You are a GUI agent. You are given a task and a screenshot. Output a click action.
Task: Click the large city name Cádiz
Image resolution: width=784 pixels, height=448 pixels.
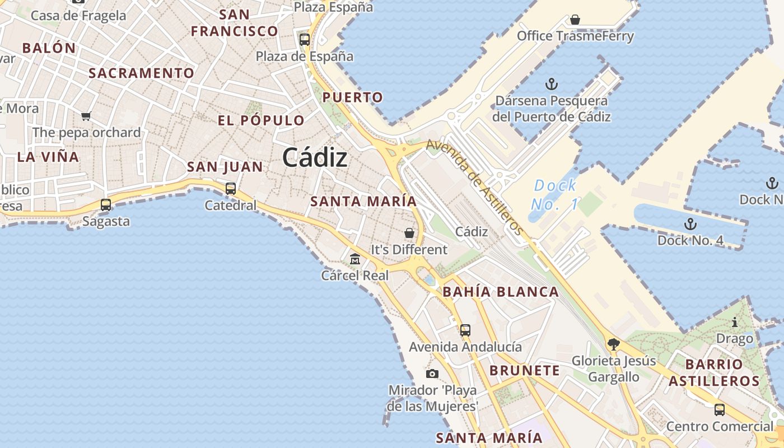pos(315,157)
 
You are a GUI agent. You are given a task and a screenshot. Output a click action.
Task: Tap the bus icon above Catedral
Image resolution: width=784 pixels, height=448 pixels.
pos(230,189)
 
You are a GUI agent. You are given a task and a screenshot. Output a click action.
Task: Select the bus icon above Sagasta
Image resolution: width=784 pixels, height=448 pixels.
pos(106,205)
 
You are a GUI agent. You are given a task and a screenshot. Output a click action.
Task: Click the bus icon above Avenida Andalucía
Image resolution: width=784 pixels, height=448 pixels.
pos(465,330)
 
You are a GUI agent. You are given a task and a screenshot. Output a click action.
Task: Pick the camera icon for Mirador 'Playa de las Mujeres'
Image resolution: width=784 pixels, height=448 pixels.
pos(432,374)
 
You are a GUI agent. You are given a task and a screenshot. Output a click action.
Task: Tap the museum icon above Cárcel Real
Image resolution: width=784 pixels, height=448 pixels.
pos(355,259)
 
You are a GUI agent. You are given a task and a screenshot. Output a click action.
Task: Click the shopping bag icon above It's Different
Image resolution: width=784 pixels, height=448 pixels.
pos(409,233)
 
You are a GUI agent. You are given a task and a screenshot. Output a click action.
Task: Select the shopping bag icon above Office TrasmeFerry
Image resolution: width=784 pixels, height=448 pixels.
pos(575,20)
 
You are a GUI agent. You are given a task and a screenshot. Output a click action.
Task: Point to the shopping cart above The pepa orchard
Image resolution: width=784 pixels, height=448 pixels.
pos(86,116)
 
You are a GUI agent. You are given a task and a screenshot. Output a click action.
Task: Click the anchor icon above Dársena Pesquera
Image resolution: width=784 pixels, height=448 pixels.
pos(552,85)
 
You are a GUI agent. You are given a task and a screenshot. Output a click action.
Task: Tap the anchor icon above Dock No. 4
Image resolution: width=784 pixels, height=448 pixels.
pos(690,224)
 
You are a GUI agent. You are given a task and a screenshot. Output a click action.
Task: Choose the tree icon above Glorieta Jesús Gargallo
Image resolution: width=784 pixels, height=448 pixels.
pos(613,344)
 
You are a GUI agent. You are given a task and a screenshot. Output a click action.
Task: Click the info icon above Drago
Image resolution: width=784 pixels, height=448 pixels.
pos(735,322)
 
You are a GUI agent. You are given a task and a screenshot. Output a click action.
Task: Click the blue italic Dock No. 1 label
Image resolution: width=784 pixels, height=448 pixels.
pos(554,194)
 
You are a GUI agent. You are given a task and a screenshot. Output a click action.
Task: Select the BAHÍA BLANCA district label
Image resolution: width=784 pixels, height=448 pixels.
pos(501,292)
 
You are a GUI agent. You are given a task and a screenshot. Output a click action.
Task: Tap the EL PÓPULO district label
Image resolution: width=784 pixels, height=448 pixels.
pos(261,120)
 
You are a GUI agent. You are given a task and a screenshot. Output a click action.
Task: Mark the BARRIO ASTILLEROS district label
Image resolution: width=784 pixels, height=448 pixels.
pos(714,373)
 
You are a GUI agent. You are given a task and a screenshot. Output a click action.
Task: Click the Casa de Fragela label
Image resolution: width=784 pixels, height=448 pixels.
pos(78,15)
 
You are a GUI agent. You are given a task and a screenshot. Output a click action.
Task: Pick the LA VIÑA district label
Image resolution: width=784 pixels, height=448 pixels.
pos(48,157)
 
